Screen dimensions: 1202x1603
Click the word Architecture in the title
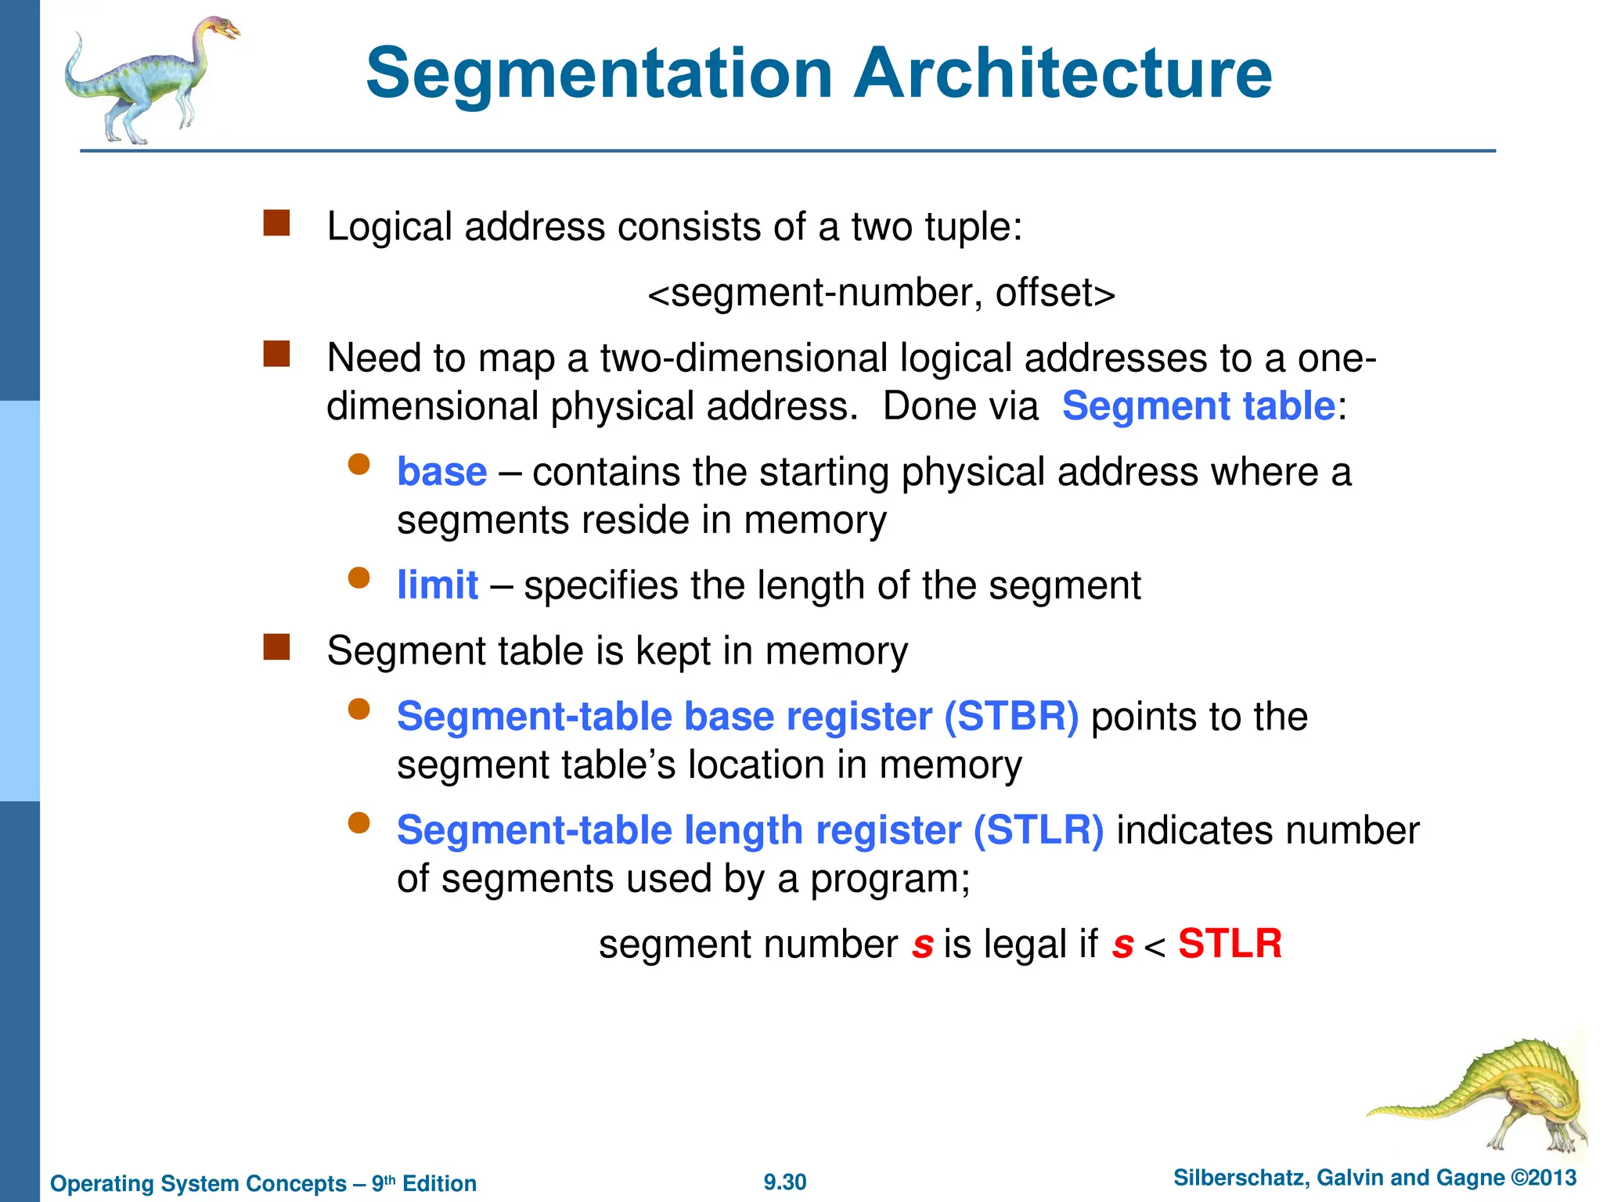pos(1062,74)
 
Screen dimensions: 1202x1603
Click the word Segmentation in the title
pos(599,74)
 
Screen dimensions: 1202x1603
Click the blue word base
pos(441,472)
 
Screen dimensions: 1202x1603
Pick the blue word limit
pos(437,585)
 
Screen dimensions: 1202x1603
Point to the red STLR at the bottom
pos(1230,944)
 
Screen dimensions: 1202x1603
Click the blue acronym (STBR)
pos(1011,717)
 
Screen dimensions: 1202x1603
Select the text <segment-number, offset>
pos(881,293)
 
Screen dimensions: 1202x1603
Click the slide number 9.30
pos(785,1182)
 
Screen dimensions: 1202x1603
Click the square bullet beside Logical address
pos(276,223)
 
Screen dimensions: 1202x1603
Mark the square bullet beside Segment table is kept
pos(276,647)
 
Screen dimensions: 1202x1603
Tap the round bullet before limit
pos(358,578)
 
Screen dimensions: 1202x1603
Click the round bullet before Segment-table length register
pos(358,823)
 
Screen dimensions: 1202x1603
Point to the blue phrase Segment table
pos(1198,406)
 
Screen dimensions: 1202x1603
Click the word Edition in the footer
pos(439,1183)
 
